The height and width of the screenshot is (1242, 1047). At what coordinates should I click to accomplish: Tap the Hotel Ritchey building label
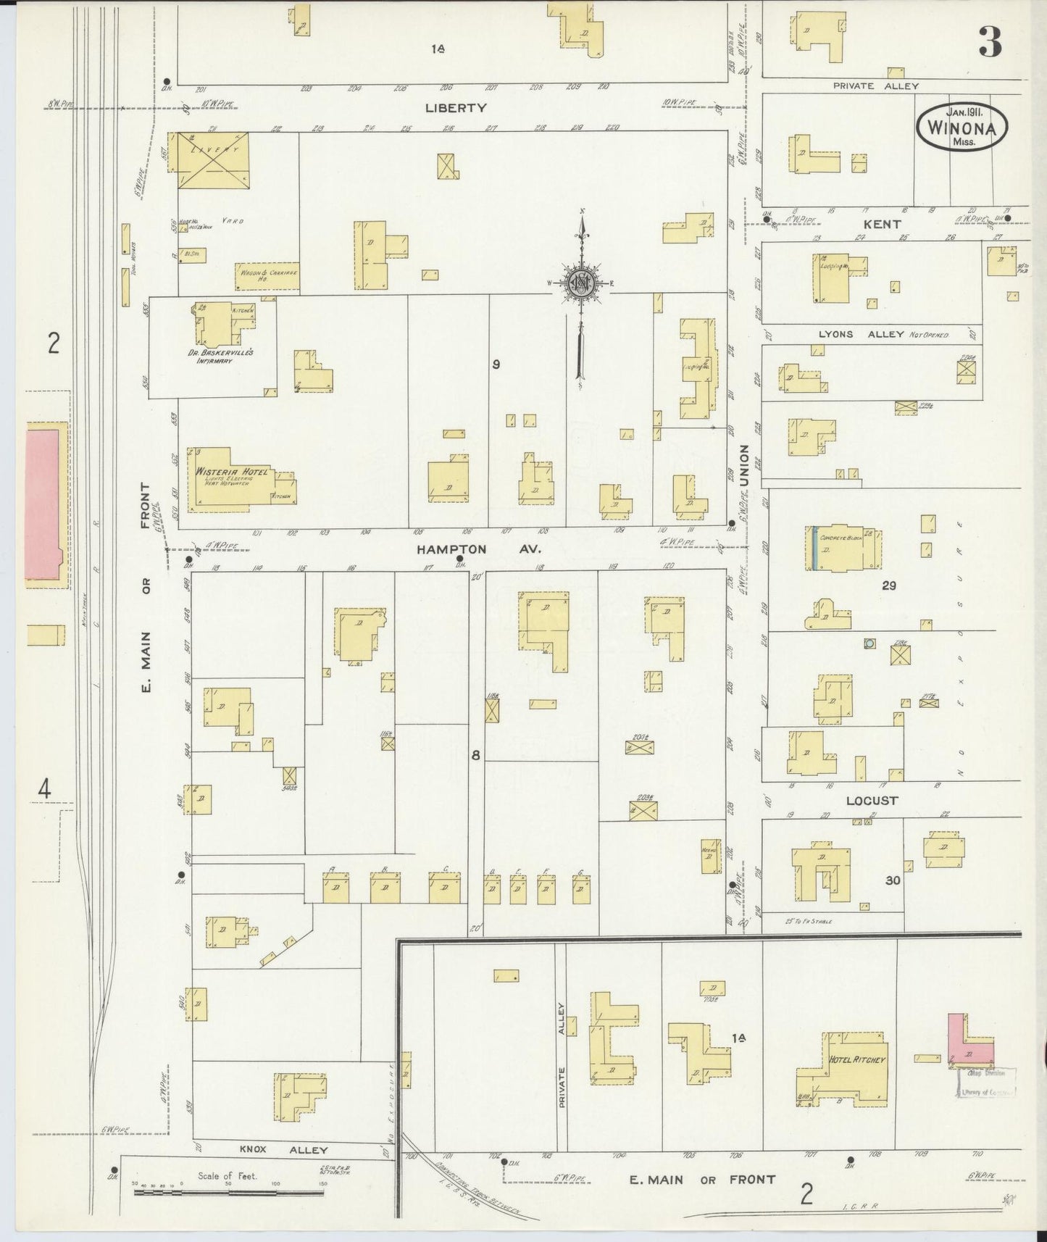click(x=857, y=1060)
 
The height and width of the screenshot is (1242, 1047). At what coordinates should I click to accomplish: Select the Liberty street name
click(x=456, y=108)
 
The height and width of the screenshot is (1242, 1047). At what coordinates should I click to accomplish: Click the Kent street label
click(x=882, y=225)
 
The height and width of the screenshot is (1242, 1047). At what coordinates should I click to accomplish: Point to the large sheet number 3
click(x=990, y=43)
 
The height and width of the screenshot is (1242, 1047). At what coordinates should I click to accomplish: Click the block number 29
click(x=889, y=585)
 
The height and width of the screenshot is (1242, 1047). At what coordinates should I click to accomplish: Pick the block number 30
click(x=892, y=880)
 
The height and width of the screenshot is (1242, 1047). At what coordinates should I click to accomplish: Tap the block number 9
click(x=496, y=364)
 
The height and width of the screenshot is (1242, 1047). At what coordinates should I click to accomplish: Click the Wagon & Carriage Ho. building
click(x=267, y=276)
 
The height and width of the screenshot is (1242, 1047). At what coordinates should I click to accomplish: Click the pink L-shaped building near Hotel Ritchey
click(x=967, y=1041)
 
